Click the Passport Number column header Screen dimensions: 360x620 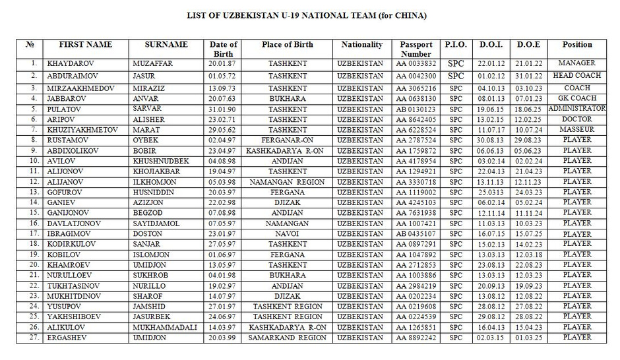[416, 49]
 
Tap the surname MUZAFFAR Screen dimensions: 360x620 [150, 65]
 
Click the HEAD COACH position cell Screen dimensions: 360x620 [576, 75]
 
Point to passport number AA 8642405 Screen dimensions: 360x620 [416, 120]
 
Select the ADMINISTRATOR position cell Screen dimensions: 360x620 [576, 108]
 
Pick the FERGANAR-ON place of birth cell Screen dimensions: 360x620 [287, 140]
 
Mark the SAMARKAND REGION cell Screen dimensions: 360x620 [287, 338]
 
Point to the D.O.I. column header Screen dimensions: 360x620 [491, 45]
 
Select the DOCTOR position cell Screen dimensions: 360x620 [576, 119]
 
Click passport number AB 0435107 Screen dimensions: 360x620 [416, 234]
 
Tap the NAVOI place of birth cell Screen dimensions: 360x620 [287, 234]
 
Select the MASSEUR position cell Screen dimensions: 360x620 [576, 130]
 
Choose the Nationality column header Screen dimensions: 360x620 [361, 45]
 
